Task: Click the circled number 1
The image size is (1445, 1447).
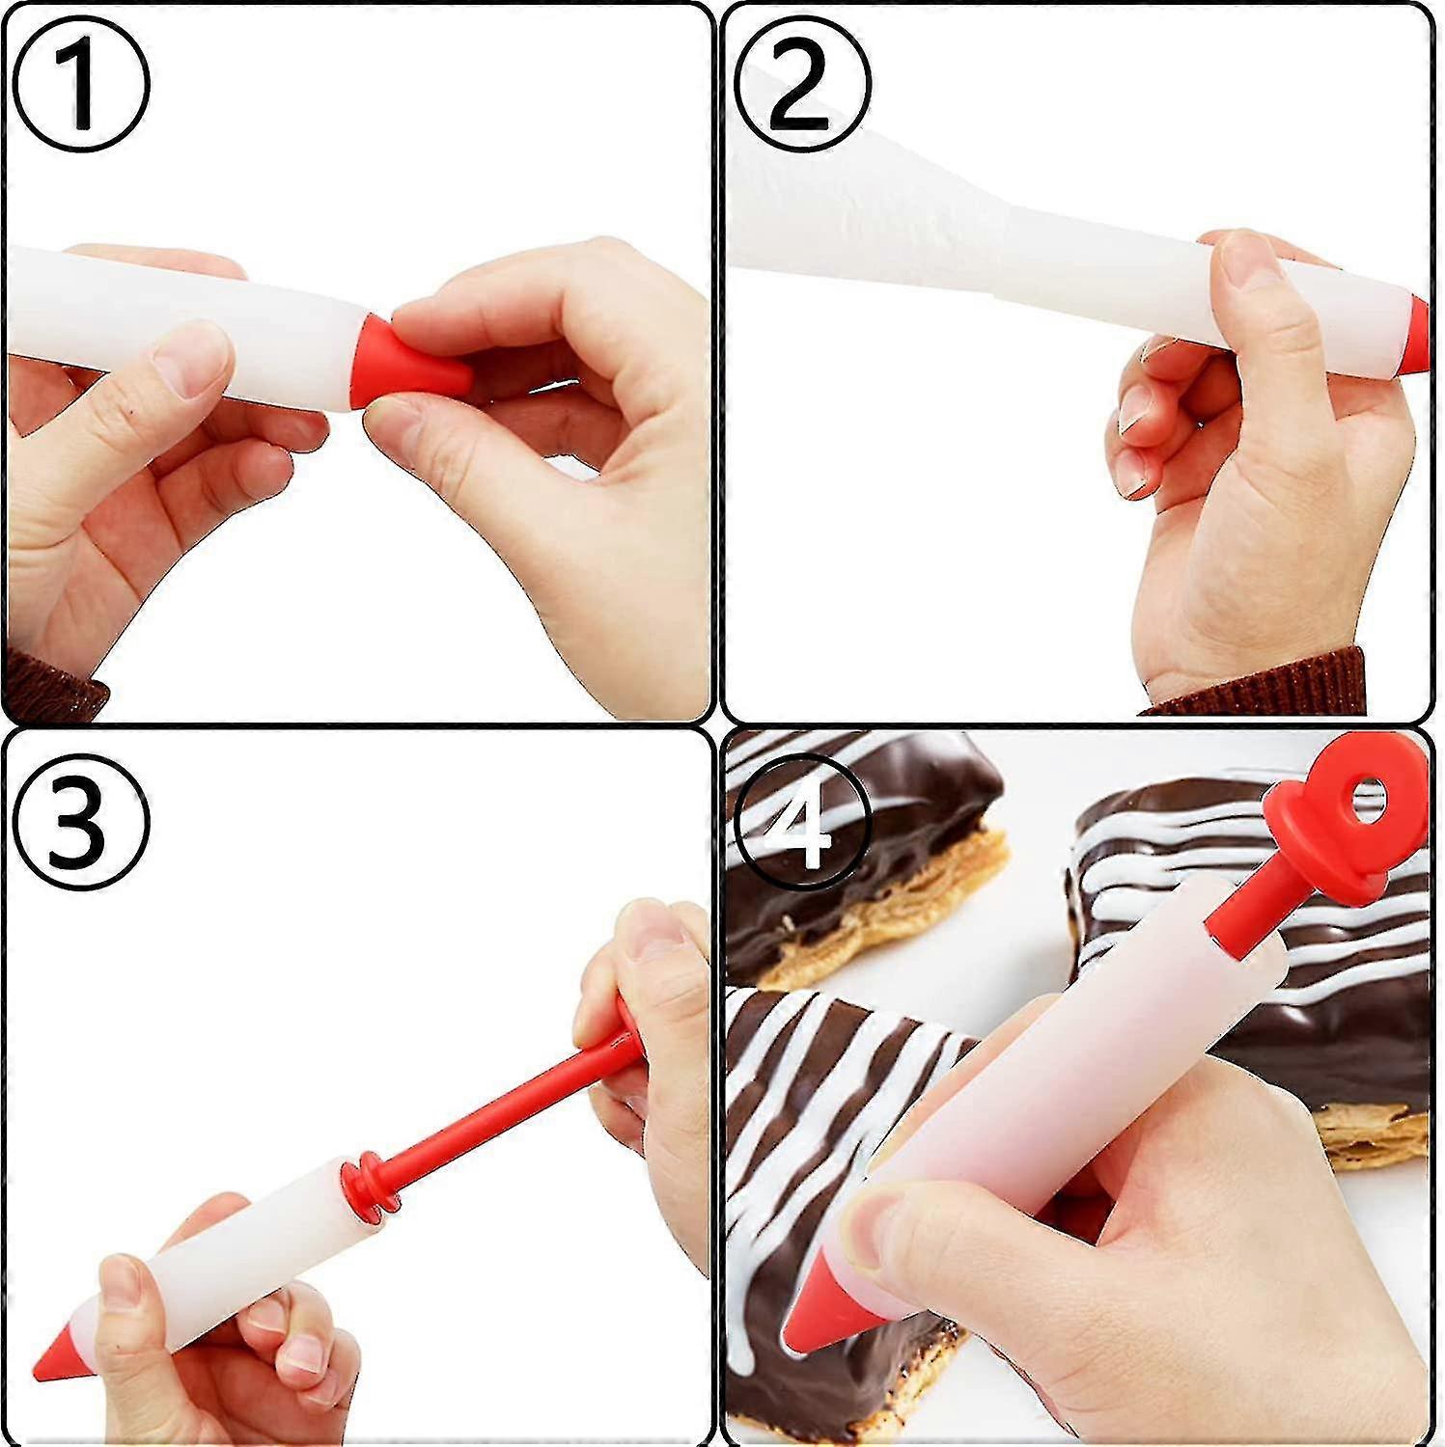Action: pos(81,83)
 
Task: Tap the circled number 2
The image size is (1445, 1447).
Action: pos(802,83)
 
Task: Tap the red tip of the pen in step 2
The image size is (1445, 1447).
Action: pos(1415,336)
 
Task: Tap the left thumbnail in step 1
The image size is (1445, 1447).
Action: pos(191,360)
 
